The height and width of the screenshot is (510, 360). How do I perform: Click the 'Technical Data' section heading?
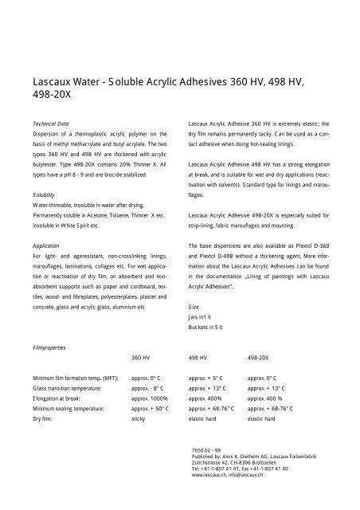50,125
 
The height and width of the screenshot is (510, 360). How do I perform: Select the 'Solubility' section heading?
44,194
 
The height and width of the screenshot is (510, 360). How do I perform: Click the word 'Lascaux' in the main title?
53,81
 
